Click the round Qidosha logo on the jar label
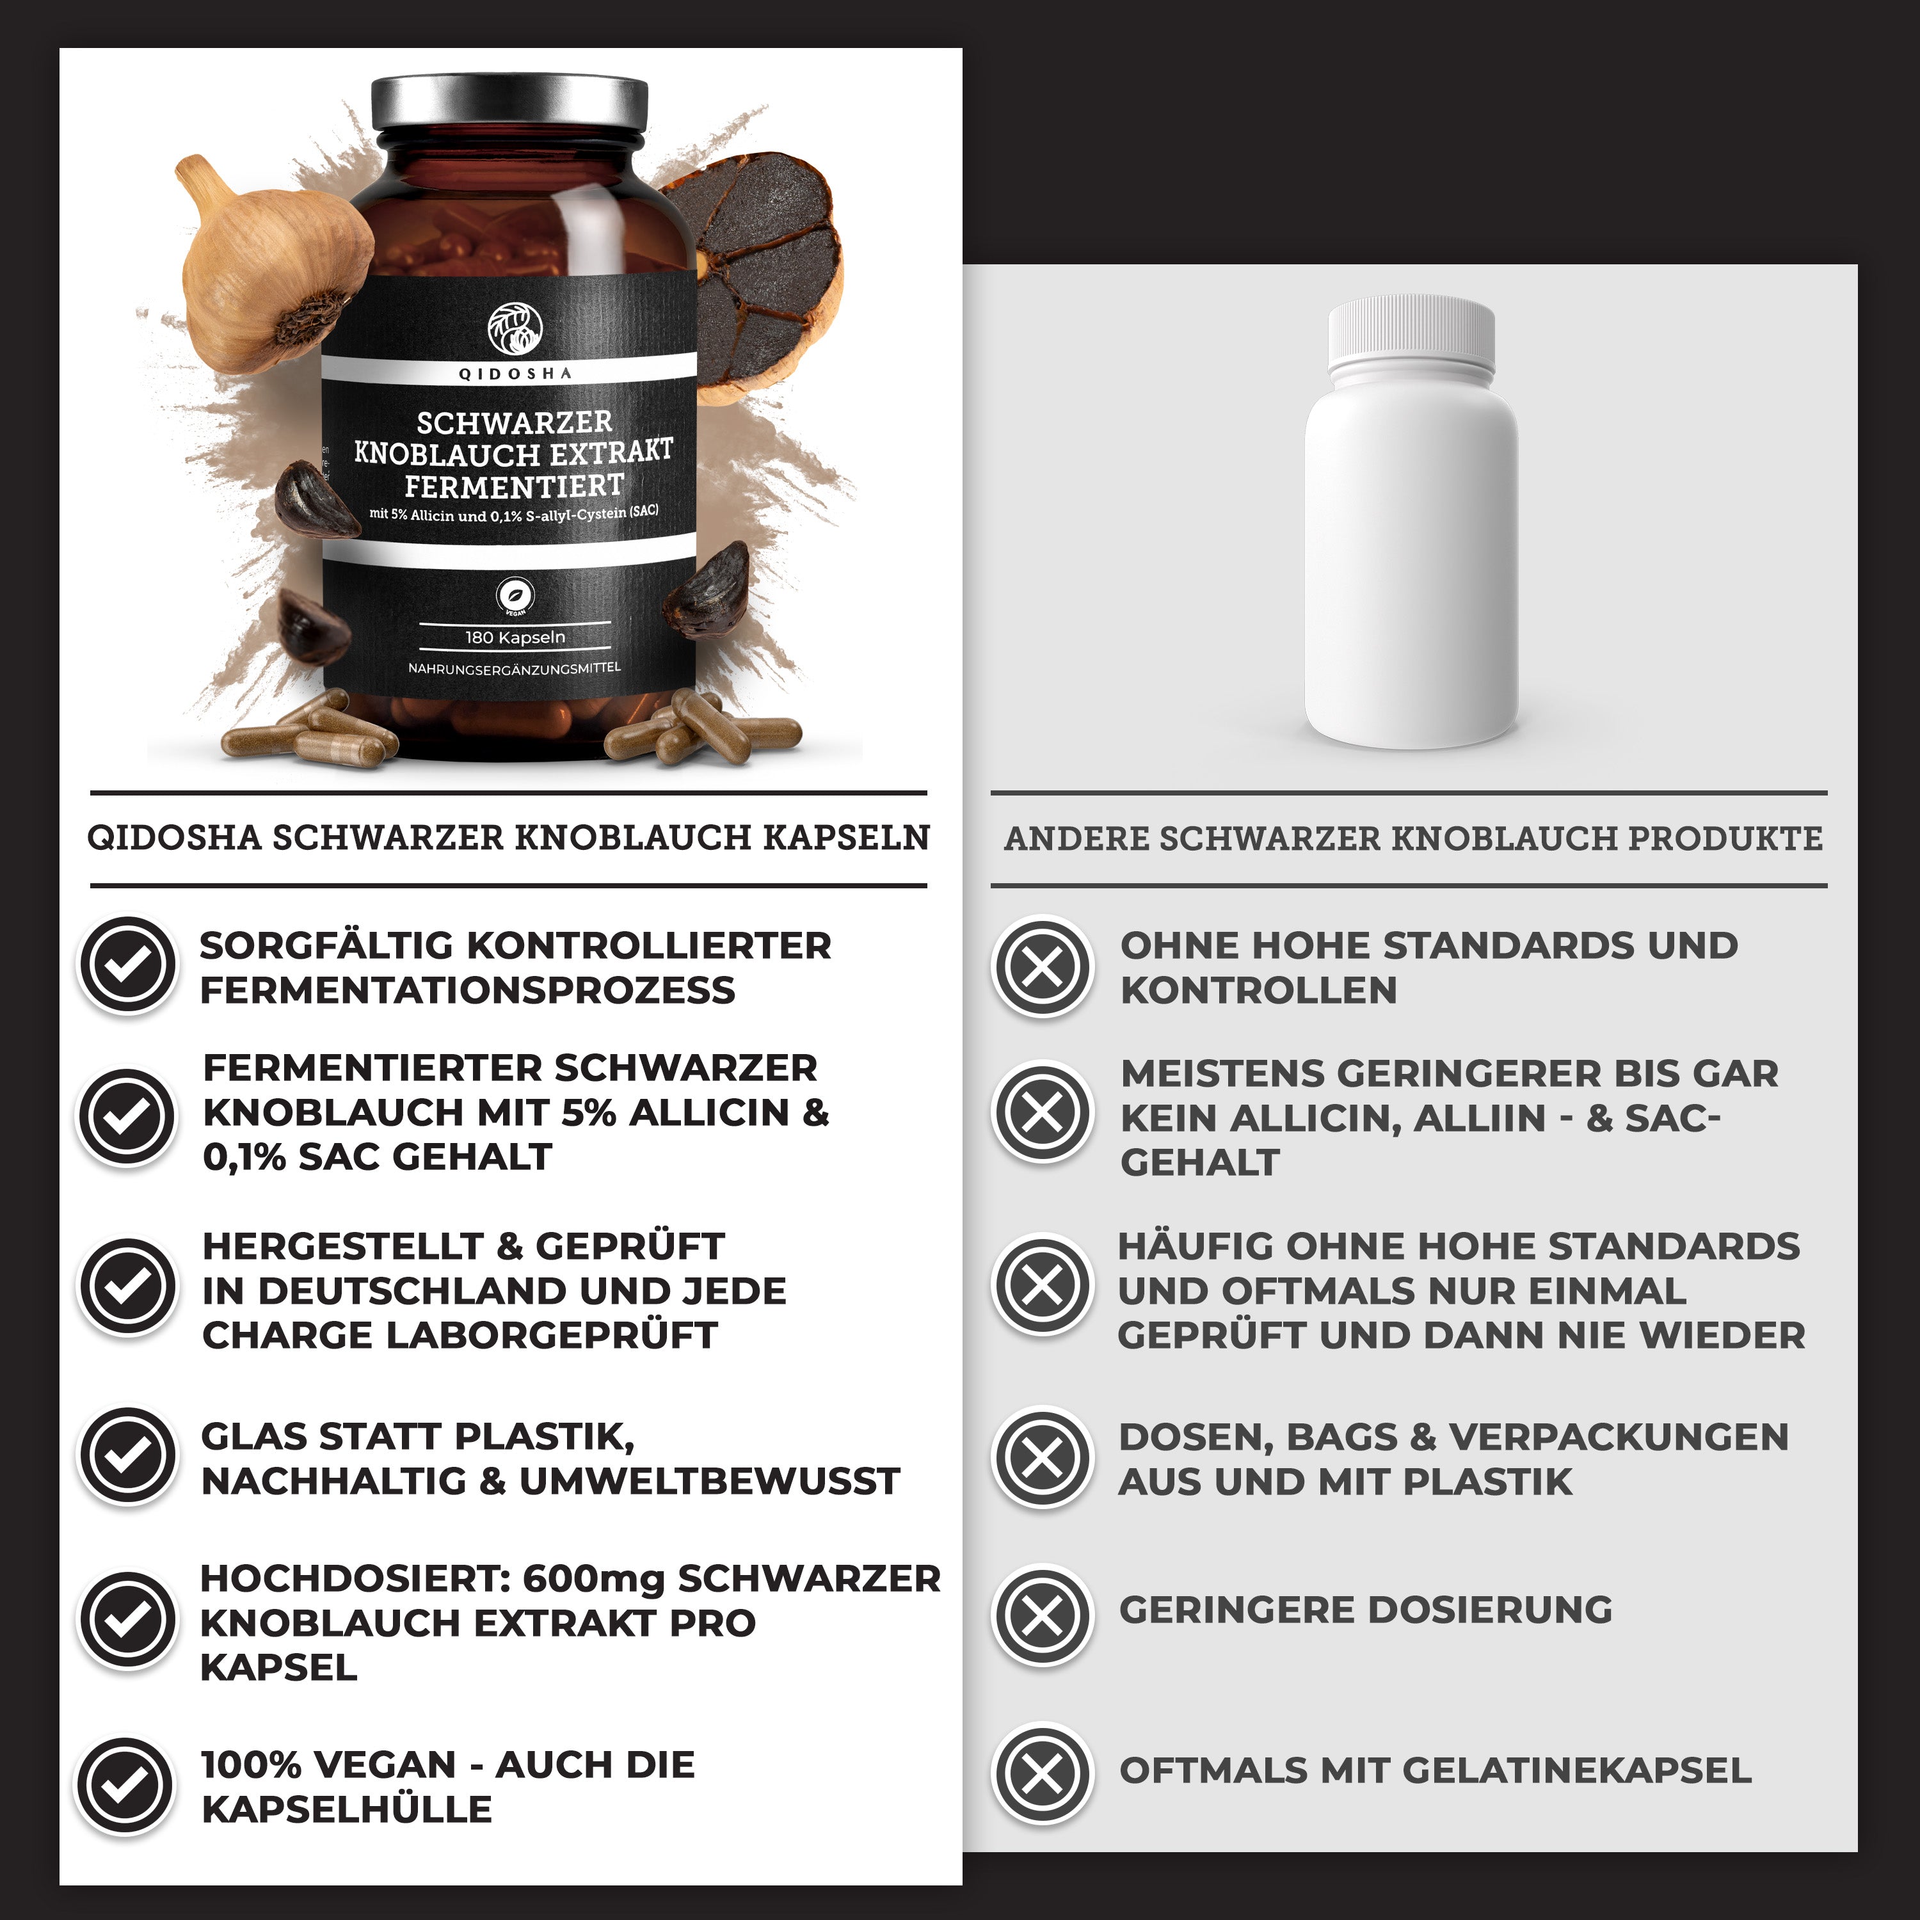click(515, 328)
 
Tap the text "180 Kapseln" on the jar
click(515, 637)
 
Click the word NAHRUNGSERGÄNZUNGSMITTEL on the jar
click(514, 668)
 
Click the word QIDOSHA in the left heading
click(174, 838)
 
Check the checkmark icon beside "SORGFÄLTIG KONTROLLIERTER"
click(128, 964)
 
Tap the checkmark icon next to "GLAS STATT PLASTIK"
click(128, 1456)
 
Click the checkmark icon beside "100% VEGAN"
click(128, 1786)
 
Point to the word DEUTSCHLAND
click(412, 1291)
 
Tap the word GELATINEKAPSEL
click(1577, 1771)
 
